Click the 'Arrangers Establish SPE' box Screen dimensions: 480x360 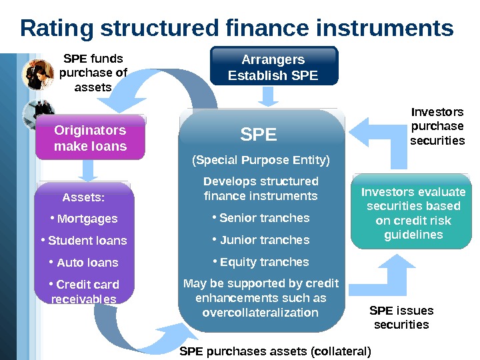click(x=273, y=67)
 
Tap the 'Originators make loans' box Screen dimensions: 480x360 click(x=90, y=138)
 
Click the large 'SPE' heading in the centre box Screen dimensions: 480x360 click(x=258, y=135)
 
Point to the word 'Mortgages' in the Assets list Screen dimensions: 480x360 click(x=87, y=219)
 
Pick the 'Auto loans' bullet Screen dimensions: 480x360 click(x=87, y=263)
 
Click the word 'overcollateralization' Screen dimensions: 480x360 click(x=260, y=313)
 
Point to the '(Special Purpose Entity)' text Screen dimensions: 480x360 click(x=261, y=161)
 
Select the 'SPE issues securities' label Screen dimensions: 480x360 click(x=401, y=318)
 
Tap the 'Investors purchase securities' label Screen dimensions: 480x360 click(x=437, y=126)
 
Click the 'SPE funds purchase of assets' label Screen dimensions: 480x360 click(x=93, y=72)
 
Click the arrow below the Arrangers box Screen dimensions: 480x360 click(x=269, y=97)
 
